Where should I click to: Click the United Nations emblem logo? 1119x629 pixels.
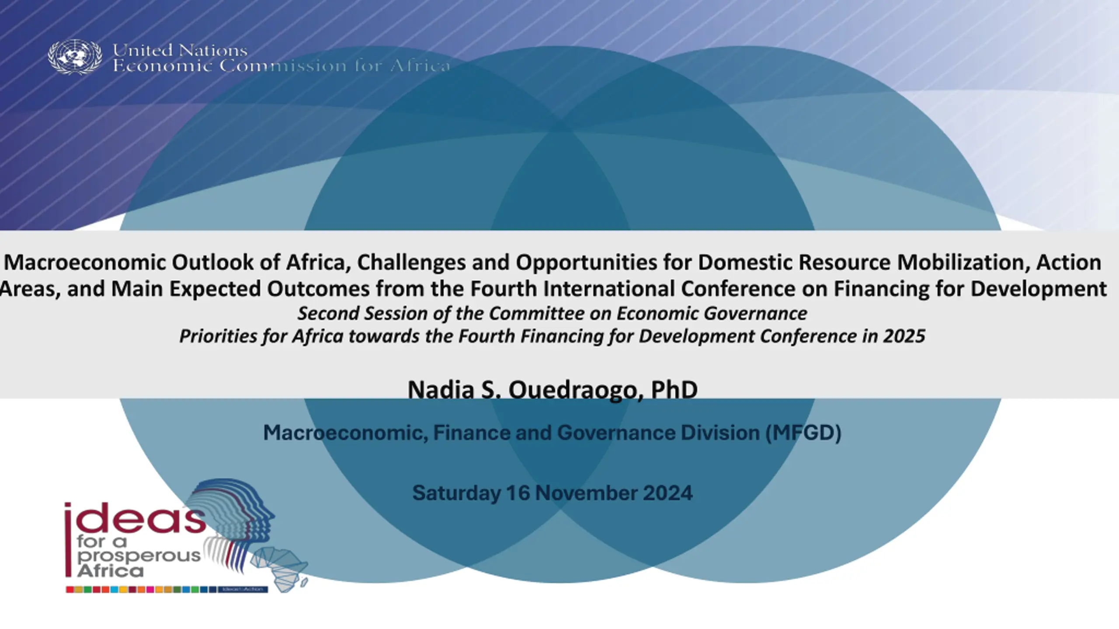[75, 57]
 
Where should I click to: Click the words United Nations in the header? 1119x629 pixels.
[180, 51]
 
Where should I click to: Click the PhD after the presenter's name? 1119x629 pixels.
[674, 389]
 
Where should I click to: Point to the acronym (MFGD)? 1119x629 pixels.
[803, 433]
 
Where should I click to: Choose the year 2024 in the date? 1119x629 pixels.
[667, 493]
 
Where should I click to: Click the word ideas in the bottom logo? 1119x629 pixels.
[135, 518]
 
